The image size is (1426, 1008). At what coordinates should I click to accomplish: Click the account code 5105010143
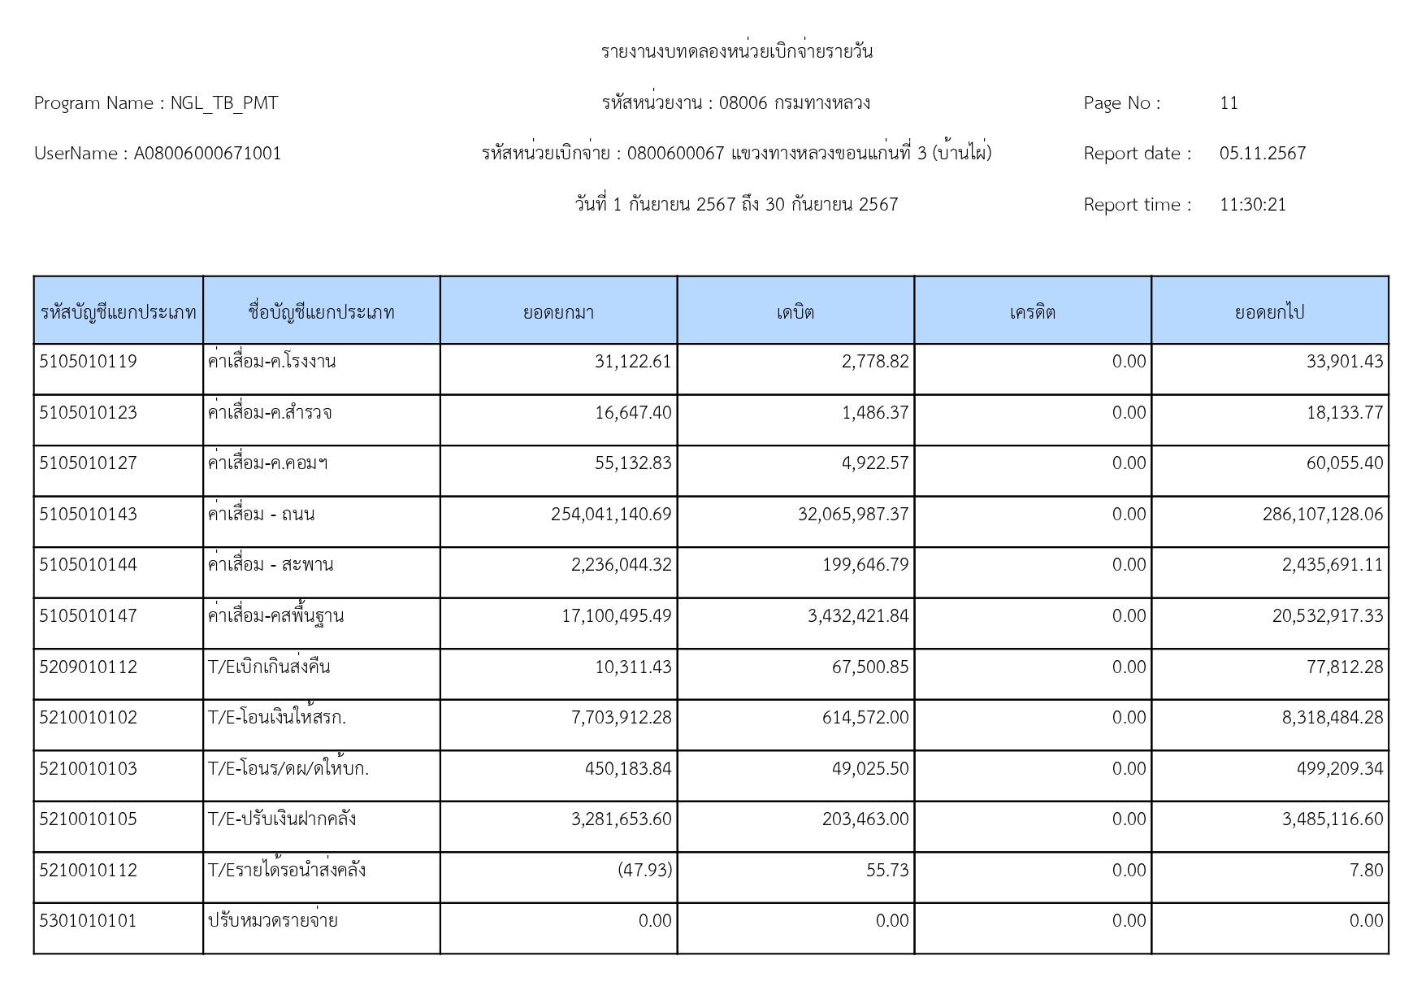[x=88, y=515]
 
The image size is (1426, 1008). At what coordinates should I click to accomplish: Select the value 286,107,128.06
[x=1322, y=515]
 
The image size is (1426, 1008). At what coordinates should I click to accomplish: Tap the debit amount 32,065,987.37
[x=852, y=515]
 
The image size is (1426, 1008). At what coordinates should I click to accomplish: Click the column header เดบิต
[x=795, y=312]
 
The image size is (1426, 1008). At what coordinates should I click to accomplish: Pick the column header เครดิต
[x=1032, y=312]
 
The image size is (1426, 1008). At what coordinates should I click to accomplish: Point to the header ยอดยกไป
[x=1269, y=312]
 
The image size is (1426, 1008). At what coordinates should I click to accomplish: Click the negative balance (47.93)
[x=644, y=871]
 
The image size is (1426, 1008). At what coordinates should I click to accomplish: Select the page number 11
[x=1229, y=103]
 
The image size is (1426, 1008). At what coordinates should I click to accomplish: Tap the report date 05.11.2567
[x=1262, y=154]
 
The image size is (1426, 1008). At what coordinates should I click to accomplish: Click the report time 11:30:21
[x=1252, y=205]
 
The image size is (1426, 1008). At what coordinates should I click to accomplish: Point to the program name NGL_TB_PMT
[x=223, y=103]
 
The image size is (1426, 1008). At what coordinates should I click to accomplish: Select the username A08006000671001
[x=207, y=154]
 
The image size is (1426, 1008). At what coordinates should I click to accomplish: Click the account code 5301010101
[x=88, y=921]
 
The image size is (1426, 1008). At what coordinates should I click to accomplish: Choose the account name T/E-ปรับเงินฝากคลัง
[x=281, y=819]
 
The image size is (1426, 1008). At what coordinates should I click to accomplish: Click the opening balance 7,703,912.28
[x=622, y=718]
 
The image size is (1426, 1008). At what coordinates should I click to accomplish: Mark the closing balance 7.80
[x=1366, y=871]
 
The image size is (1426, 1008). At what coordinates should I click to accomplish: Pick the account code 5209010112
[x=88, y=667]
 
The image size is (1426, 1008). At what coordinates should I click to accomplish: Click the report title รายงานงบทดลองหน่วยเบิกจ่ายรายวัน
[x=736, y=52]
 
